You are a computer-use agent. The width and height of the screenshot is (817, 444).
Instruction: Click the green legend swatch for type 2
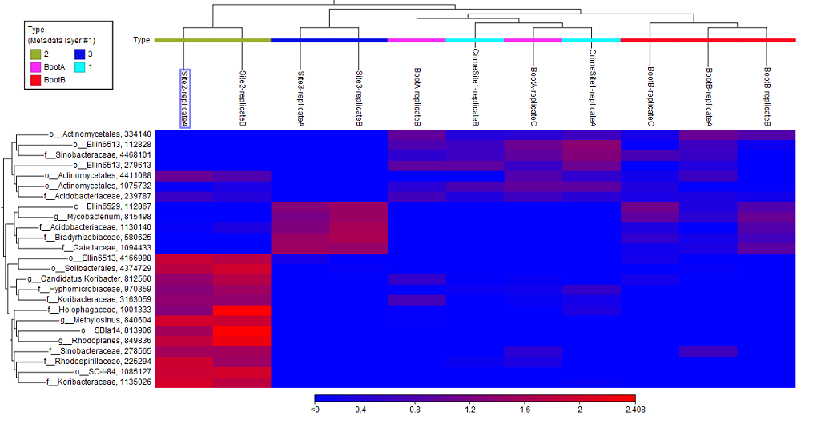35,54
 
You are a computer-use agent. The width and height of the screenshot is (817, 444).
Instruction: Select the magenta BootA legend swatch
35,67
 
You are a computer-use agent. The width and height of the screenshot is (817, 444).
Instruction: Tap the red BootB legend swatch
35,80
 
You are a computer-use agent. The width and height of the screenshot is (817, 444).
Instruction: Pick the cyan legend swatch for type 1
79,67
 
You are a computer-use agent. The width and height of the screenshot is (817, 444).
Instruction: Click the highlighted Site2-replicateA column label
184,98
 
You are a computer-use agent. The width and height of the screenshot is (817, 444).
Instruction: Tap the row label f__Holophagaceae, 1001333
99,310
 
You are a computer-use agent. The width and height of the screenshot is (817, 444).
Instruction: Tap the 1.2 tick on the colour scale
469,410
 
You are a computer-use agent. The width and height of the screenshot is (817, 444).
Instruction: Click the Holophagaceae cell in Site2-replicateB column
242,310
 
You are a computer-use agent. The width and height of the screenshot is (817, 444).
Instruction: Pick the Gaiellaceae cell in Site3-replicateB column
358,248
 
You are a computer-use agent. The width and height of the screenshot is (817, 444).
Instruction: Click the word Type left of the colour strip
141,40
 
